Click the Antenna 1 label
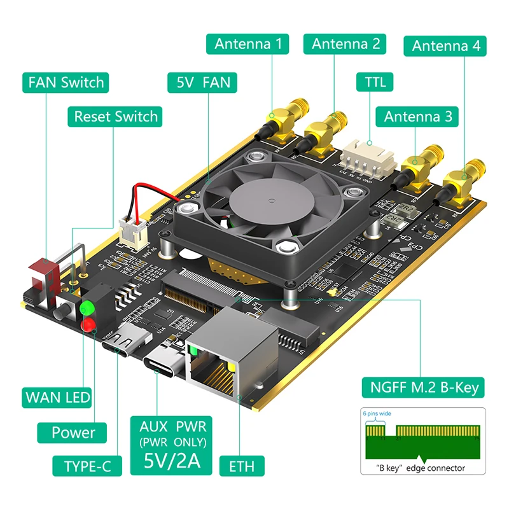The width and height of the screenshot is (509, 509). coord(248,44)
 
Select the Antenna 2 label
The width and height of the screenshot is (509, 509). coord(345,44)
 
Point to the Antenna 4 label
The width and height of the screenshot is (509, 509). coord(445,45)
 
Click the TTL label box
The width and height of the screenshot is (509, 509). coord(375,81)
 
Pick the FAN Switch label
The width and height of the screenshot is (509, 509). coord(65,82)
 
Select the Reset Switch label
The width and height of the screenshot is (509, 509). coord(115,116)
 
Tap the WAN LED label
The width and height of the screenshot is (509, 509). coord(57,398)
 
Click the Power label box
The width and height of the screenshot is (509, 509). coord(73,433)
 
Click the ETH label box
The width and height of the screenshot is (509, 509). coord(242,466)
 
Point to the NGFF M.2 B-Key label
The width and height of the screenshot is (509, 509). coord(419,387)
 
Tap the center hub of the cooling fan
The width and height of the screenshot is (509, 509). coord(262,199)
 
